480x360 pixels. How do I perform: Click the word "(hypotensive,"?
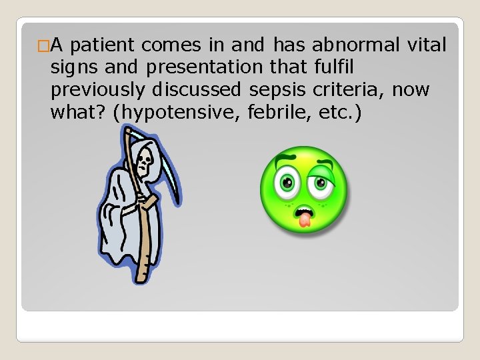pos(177,111)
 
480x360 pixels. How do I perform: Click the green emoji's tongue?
pos(305,218)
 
